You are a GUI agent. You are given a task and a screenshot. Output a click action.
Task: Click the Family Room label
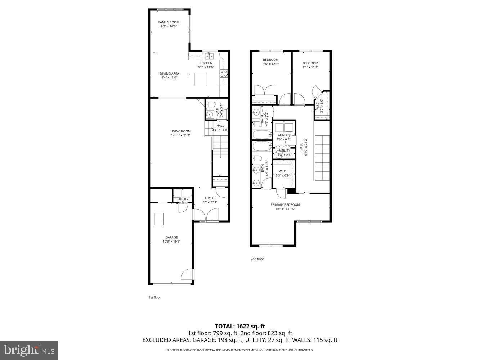pyautogui.click(x=169, y=22)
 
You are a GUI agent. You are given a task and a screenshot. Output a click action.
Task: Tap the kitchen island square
pyautogui.click(x=201, y=79)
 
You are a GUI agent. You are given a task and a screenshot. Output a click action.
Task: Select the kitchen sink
pyautogui.click(x=209, y=56)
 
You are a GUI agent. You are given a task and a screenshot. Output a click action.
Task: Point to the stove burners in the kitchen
pyautogui.click(x=224, y=74)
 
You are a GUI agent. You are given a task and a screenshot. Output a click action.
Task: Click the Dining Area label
pyautogui.click(x=169, y=73)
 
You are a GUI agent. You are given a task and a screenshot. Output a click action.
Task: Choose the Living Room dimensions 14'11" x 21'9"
pyautogui.click(x=180, y=136)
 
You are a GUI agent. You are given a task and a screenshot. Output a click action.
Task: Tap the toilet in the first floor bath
pyautogui.click(x=210, y=105)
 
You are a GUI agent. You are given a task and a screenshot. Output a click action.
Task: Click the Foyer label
pyautogui.click(x=209, y=198)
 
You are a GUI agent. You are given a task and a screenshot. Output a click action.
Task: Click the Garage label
pyautogui.click(x=171, y=237)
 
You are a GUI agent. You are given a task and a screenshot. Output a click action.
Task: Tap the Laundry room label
pyautogui.click(x=283, y=135)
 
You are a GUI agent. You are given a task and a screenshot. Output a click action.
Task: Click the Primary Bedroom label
pyautogui.click(x=285, y=204)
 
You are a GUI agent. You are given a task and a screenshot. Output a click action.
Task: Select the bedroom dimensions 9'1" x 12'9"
pyautogui.click(x=310, y=67)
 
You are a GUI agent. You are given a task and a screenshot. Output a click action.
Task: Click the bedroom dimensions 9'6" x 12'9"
pyautogui.click(x=270, y=64)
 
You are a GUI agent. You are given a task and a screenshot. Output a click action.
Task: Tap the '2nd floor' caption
pyautogui.click(x=257, y=259)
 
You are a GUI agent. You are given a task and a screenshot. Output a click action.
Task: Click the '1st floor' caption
pyautogui.click(x=154, y=298)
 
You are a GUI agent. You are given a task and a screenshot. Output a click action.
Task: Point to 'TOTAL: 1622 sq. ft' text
pyautogui.click(x=240, y=326)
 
